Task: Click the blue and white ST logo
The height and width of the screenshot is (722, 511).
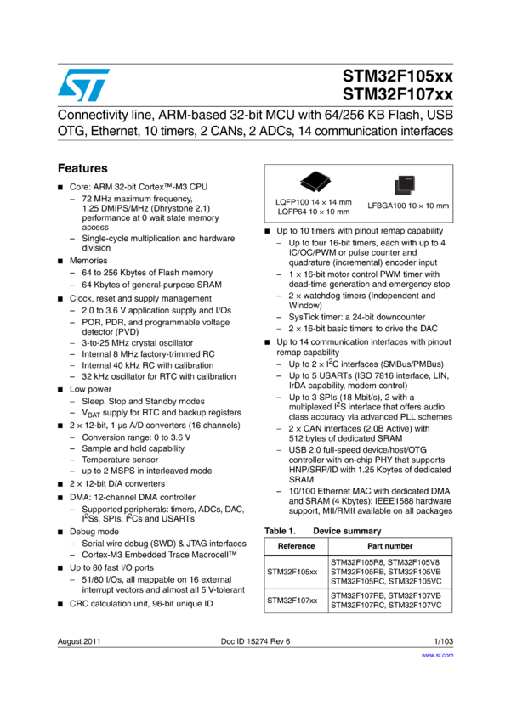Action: (83, 85)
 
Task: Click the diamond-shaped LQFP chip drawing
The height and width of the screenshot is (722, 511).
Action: (315, 179)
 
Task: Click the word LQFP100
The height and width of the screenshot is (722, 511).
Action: (292, 202)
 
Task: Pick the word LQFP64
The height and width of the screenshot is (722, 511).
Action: (292, 212)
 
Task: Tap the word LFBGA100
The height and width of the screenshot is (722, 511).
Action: (385, 206)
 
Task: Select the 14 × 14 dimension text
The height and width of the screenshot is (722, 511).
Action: (324, 202)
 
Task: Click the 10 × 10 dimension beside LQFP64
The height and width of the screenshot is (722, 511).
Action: (322, 212)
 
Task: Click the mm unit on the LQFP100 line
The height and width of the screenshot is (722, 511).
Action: (344, 202)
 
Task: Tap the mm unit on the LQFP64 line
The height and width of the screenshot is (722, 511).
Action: (343, 212)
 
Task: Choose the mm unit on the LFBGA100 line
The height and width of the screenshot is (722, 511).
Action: (441, 206)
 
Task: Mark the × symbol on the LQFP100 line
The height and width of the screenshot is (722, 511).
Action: (324, 202)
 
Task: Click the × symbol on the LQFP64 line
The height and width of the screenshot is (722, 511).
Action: (322, 212)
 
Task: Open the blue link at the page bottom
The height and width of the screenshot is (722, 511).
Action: (438, 656)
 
